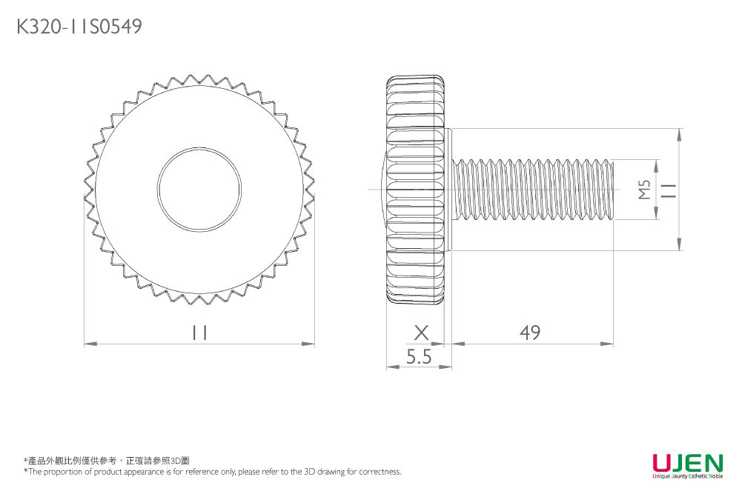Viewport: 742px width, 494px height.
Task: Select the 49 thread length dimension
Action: tap(530, 333)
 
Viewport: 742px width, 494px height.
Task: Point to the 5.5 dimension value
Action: tap(419, 357)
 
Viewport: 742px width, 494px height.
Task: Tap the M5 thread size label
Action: tap(644, 190)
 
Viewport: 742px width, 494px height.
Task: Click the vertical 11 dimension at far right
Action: tap(669, 190)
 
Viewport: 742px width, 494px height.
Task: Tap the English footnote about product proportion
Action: tap(212, 472)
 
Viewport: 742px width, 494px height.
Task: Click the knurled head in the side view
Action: tap(416, 190)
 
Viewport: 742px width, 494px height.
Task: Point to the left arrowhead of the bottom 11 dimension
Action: tap(88, 344)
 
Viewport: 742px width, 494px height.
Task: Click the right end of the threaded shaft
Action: tap(612, 190)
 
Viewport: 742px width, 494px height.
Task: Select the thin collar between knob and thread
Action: tap(448, 190)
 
